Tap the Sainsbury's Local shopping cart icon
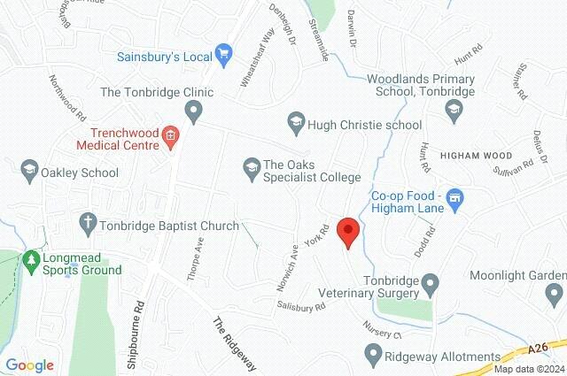pos(223,56)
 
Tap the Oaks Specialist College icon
pos(251,165)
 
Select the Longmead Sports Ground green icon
pos(32,260)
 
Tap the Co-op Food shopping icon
pos(455,197)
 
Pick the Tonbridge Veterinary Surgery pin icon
pos(431,284)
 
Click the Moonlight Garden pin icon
pos(555,293)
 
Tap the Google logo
pos(29,364)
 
